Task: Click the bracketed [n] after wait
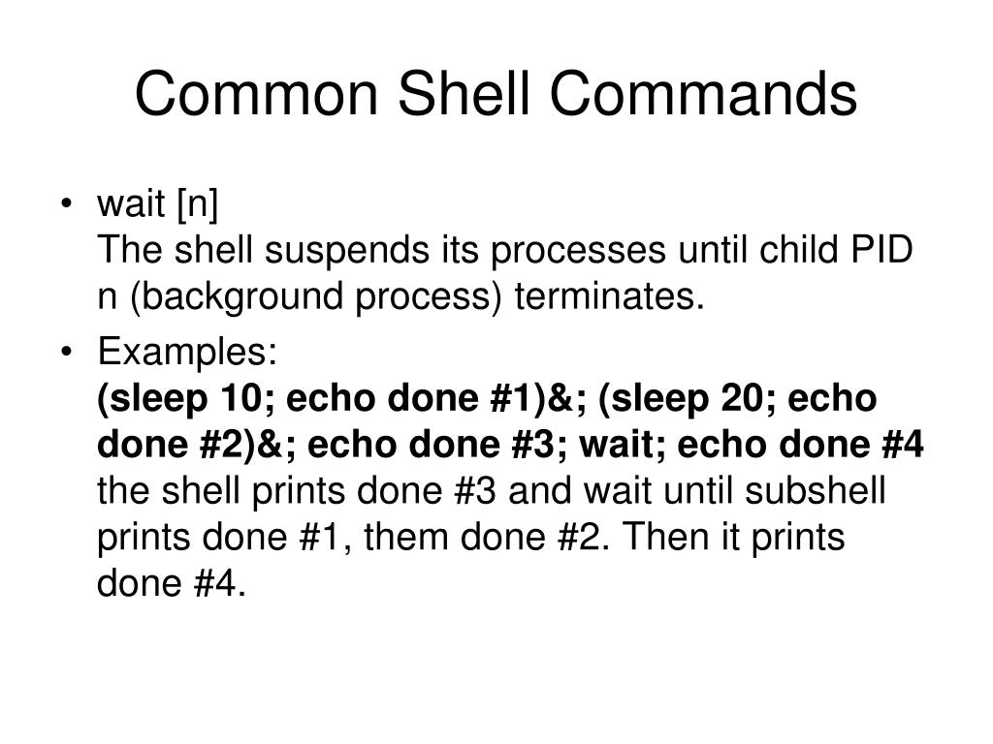coord(200,205)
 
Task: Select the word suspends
coord(343,252)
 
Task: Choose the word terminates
coord(609,298)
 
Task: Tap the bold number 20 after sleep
coord(739,399)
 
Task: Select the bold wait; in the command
coord(625,446)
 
